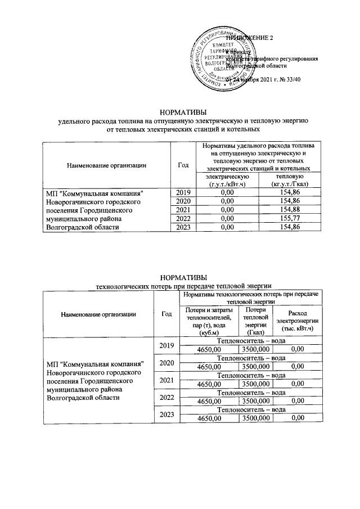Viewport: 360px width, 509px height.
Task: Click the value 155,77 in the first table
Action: coord(291,218)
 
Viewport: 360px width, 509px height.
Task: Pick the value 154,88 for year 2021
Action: coord(291,210)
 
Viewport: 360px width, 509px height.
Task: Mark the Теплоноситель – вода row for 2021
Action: coord(251,375)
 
